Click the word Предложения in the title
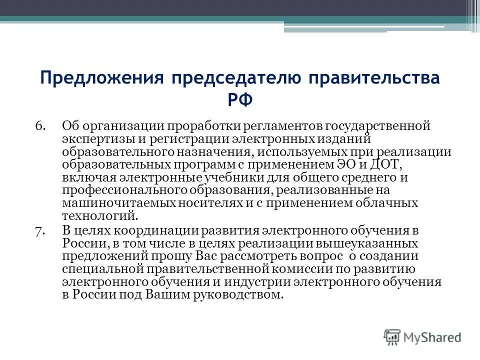point(102,79)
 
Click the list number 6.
point(40,125)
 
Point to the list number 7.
point(40,230)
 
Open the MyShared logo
point(422,337)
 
